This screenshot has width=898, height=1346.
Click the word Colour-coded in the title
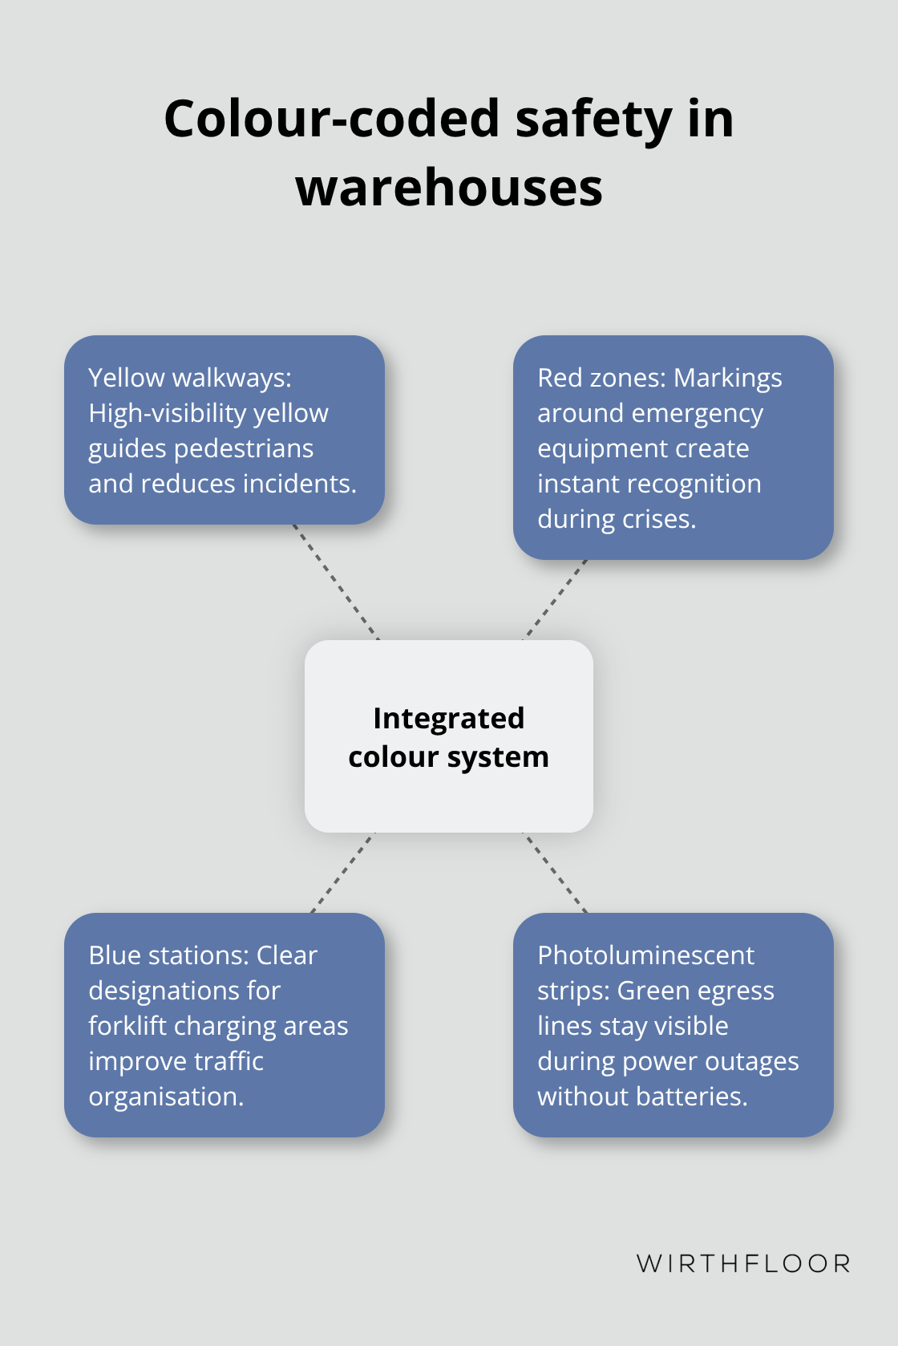[x=332, y=119]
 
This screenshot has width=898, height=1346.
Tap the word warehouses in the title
[x=449, y=188]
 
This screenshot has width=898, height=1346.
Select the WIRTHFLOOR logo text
[x=743, y=1263]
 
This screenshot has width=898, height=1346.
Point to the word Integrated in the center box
[x=449, y=718]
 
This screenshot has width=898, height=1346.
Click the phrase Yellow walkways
[x=189, y=378]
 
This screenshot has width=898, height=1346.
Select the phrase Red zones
[x=601, y=378]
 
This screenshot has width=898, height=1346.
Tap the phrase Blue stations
[x=168, y=955]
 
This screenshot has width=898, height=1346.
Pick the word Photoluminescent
[x=645, y=955]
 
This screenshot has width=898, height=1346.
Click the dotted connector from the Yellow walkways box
[x=335, y=582]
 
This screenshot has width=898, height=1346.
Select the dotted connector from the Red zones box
[x=556, y=599]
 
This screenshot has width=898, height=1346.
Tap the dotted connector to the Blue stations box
[x=343, y=872]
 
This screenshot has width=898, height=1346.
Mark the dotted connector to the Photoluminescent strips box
[x=555, y=872]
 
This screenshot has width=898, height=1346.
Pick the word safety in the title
[x=593, y=119]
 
